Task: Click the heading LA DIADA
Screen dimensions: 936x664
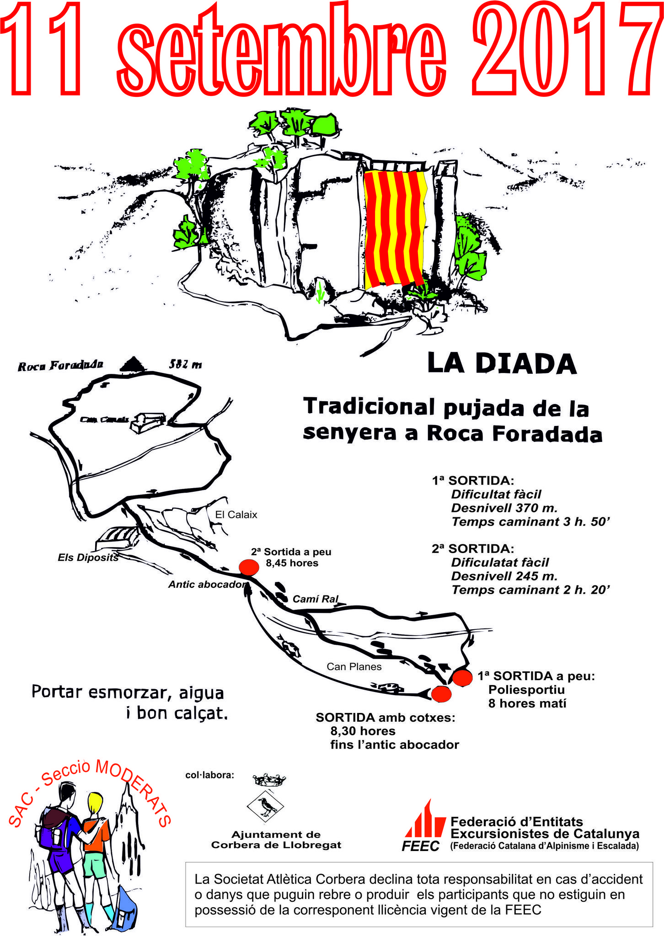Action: click(502, 364)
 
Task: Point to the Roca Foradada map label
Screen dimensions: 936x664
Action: click(60, 366)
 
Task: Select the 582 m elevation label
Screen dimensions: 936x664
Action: click(185, 365)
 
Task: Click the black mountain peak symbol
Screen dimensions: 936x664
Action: click(133, 364)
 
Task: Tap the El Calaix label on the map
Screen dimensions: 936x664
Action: click(236, 515)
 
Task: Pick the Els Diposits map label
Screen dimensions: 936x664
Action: click(88, 558)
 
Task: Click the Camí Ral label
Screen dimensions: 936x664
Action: click(316, 599)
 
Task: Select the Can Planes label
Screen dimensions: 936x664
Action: click(354, 667)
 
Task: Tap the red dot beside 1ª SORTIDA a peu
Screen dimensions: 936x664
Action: click(462, 678)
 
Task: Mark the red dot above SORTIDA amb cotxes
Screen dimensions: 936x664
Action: click(441, 694)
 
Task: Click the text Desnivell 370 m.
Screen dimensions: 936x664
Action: click(504, 508)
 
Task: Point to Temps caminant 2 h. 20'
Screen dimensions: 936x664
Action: click(531, 590)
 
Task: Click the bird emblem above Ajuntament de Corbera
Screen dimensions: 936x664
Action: click(266, 806)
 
